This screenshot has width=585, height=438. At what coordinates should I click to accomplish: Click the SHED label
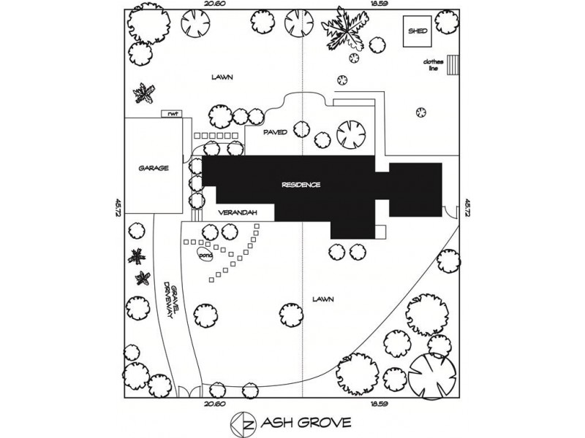pos(418,32)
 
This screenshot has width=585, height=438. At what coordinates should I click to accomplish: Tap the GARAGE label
pos(154,168)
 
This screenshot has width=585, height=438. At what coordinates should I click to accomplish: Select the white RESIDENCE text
pos(301,185)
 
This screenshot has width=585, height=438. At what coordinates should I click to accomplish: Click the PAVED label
pos(275,132)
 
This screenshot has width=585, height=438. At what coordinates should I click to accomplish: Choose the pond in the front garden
pos(204,255)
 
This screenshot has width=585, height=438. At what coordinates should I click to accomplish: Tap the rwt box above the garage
pos(173,113)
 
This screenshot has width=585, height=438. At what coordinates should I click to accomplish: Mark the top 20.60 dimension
pos(214,5)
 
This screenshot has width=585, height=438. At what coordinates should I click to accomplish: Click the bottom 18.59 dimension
pos(377,404)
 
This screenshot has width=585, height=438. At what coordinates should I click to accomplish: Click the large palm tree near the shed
pos(346,28)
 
